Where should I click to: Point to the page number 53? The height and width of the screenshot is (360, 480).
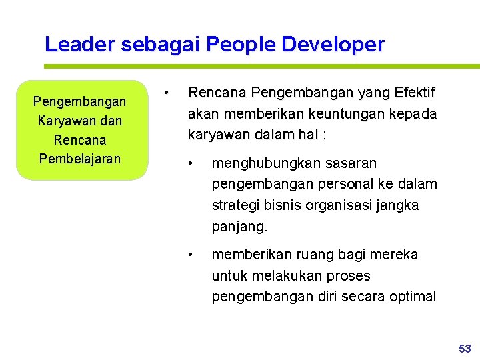coord(465,349)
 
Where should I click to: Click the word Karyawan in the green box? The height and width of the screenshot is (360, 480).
coord(64,121)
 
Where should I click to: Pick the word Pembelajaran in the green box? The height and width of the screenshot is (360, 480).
coord(80,159)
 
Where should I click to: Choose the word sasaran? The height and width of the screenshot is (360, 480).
coord(353,163)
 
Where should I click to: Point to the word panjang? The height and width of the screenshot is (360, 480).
coord(238,227)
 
